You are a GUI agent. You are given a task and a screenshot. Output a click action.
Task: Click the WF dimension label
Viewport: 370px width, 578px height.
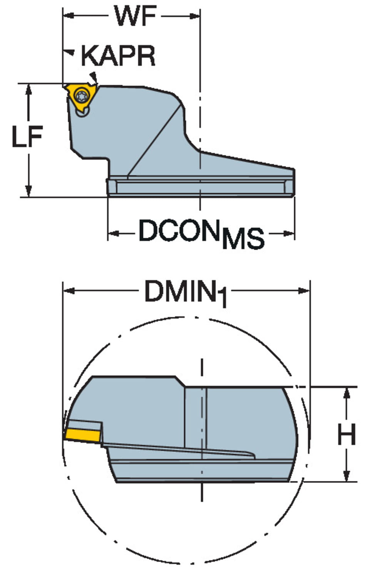point(136,16)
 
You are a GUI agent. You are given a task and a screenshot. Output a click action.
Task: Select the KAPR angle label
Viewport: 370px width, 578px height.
point(118,56)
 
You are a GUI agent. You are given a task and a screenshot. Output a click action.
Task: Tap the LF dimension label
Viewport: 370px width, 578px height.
point(28,137)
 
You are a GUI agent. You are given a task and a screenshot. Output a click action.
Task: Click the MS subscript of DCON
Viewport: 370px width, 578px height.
point(243,238)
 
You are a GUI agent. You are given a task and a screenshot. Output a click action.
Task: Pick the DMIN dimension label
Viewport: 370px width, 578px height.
point(180,291)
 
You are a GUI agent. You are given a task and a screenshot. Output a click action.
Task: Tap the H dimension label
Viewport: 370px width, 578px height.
point(347,434)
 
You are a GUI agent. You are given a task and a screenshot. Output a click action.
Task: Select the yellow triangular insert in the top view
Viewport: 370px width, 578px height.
point(80,97)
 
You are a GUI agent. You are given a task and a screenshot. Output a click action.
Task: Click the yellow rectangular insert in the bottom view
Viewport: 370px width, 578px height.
point(82,435)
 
